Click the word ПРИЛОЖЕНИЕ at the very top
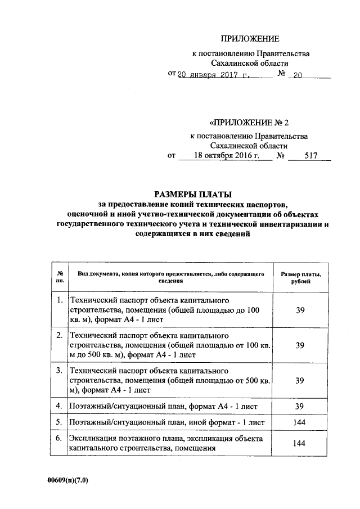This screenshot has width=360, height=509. click(x=249, y=39)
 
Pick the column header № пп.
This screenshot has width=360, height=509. click(x=59, y=277)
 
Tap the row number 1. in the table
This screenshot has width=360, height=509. click(x=59, y=301)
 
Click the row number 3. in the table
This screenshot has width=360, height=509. click(x=59, y=371)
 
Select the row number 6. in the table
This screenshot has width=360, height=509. click(x=59, y=437)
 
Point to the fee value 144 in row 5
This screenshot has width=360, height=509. click(x=300, y=421)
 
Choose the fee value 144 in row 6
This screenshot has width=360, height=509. click(x=300, y=443)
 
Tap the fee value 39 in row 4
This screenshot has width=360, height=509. click(x=300, y=406)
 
